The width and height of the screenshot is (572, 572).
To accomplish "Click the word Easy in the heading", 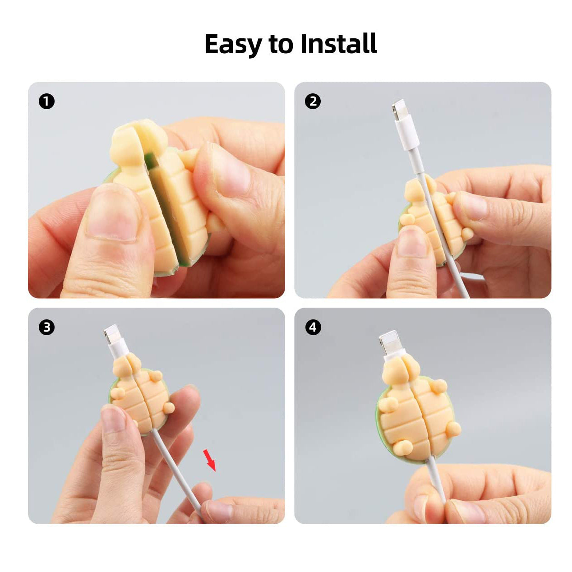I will [x=233, y=44].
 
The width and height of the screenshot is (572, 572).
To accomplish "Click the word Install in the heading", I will [x=339, y=43].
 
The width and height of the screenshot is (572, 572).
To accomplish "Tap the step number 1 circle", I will [x=47, y=101].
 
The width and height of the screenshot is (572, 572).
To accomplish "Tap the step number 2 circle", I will [x=313, y=101].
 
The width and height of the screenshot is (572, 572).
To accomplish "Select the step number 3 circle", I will [x=47, y=327].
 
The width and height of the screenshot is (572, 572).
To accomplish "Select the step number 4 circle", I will [x=313, y=327].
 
